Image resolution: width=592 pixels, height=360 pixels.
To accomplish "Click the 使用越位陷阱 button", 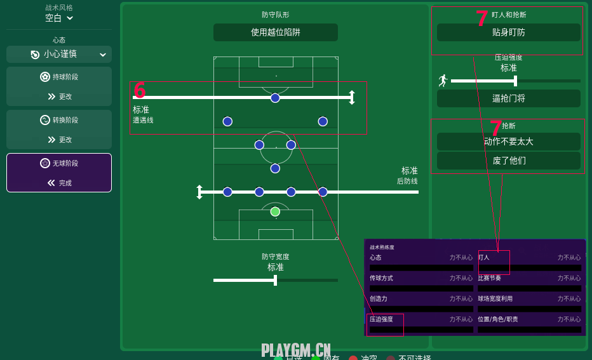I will tap(275, 32).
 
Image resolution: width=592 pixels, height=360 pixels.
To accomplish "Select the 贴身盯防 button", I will tap(508, 32).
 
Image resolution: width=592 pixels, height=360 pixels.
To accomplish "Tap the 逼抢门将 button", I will tap(508, 98).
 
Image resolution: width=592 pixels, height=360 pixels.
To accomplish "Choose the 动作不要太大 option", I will tap(508, 142).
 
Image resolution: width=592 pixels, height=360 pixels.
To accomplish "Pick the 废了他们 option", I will tap(508, 161).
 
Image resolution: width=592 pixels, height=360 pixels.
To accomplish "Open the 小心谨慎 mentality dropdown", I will tap(59, 55).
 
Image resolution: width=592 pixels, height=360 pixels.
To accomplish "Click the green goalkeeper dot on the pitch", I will tap(275, 211).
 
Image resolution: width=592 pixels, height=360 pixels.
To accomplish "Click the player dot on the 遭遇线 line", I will tap(275, 98).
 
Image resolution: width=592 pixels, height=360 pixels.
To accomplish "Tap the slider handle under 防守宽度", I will tap(275, 280).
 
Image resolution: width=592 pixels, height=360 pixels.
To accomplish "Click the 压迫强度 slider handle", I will tap(515, 81).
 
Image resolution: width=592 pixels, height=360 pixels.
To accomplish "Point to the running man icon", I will tap(443, 81).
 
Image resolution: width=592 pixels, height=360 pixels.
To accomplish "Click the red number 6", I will tap(140, 90).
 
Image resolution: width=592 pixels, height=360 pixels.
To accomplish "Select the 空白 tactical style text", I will tap(53, 18).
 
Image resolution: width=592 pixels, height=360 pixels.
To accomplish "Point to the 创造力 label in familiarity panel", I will tap(379, 298).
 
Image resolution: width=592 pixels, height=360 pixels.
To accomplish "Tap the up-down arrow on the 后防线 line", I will tap(199, 192).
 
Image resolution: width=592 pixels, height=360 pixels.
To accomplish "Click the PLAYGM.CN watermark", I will tap(296, 350).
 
